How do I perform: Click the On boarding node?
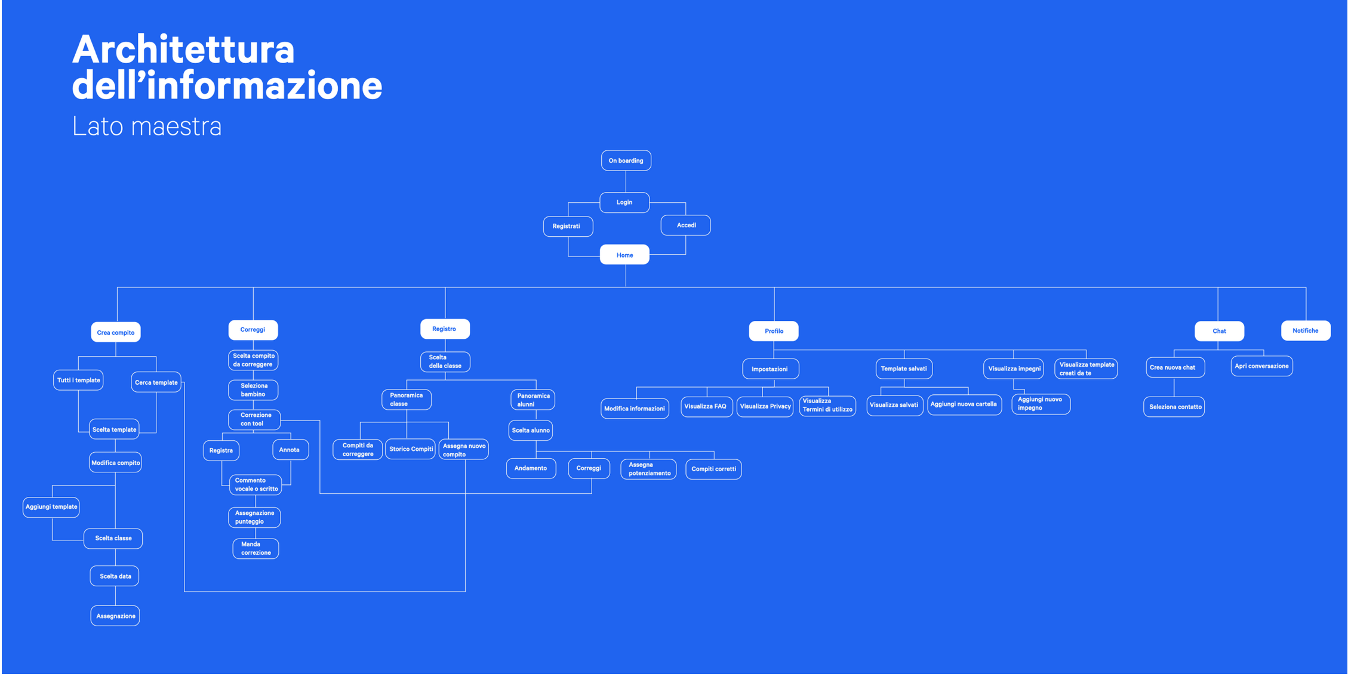(x=626, y=160)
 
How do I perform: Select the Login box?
(x=624, y=202)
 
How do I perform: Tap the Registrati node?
(x=568, y=226)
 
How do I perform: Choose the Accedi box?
(x=685, y=225)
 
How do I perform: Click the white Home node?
(x=624, y=255)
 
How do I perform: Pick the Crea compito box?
(x=116, y=332)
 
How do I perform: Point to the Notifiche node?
(x=1306, y=330)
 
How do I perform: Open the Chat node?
(x=1219, y=331)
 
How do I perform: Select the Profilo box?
(x=774, y=331)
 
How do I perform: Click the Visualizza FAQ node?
(x=706, y=406)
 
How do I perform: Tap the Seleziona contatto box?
(x=1174, y=407)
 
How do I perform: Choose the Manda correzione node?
(x=256, y=549)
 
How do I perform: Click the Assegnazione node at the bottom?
(x=115, y=616)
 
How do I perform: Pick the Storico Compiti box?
(x=411, y=449)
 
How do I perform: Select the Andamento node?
(x=531, y=468)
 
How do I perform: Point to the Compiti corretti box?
(x=713, y=469)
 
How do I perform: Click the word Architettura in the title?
(x=183, y=50)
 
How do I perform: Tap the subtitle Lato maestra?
(x=147, y=126)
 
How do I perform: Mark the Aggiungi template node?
(x=51, y=507)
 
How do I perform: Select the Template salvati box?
(x=904, y=369)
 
